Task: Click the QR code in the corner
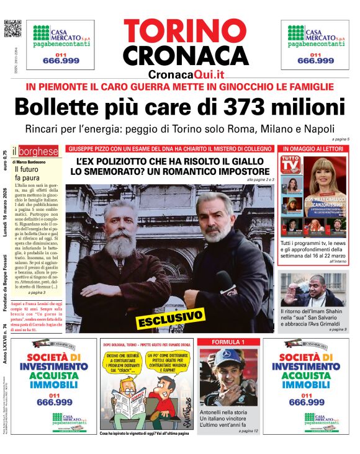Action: click(13, 29)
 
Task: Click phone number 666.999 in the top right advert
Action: click(315, 61)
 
